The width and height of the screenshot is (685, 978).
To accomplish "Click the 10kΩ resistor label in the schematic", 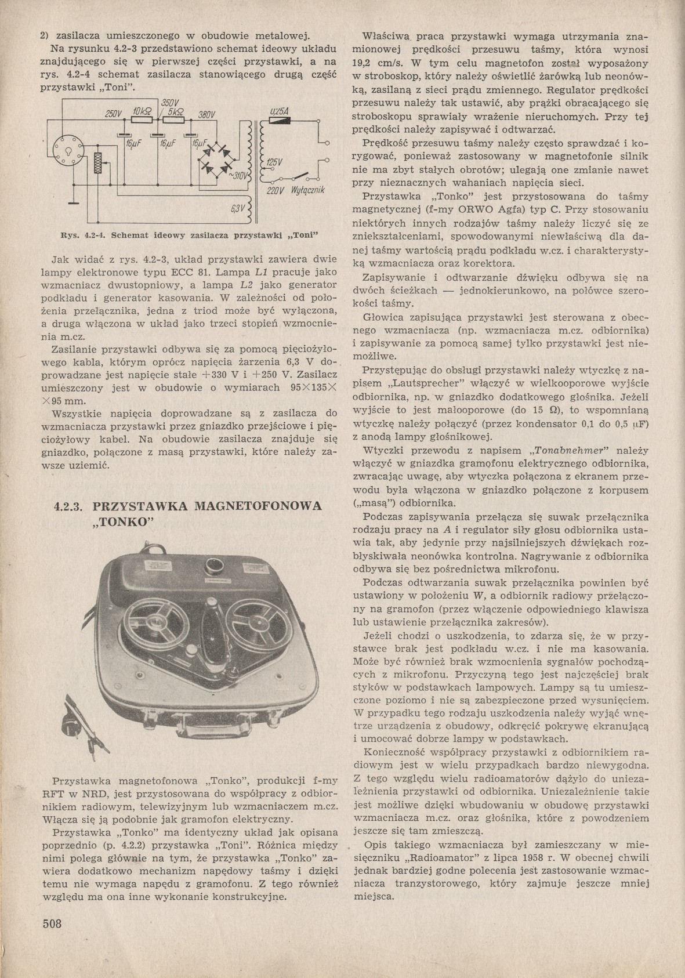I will click(x=142, y=111).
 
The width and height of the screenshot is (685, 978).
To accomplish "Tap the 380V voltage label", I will click(x=206, y=114).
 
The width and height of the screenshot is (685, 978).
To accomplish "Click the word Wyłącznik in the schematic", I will click(x=307, y=191).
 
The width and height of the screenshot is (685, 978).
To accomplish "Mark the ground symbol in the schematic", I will click(x=73, y=203).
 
